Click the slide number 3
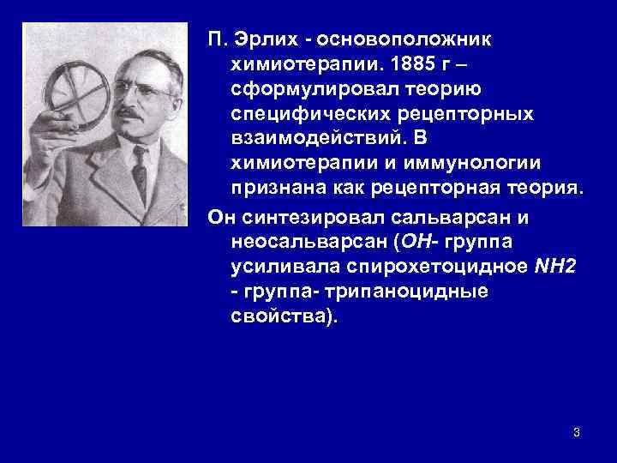pyautogui.click(x=577, y=432)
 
